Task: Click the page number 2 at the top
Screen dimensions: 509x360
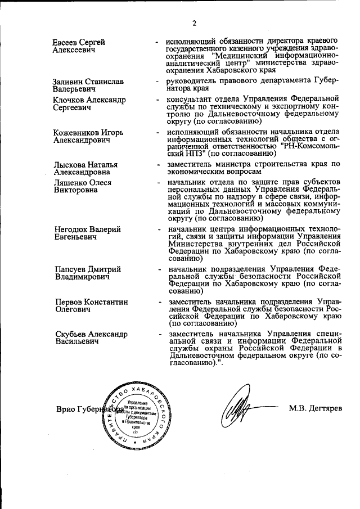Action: (193, 23)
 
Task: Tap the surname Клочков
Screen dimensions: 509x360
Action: (69, 100)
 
